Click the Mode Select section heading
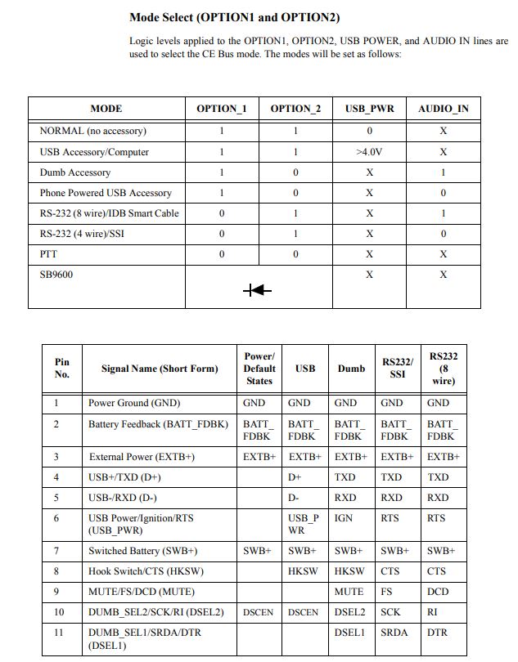click(x=234, y=16)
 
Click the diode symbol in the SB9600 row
click(x=258, y=290)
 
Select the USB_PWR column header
click(x=369, y=109)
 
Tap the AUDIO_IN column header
click(x=443, y=109)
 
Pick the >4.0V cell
click(x=369, y=152)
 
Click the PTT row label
click(x=49, y=254)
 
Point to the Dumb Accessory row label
click(x=75, y=172)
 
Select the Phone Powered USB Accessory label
click(x=106, y=193)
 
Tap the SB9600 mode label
click(x=56, y=275)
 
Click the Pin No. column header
click(x=62, y=369)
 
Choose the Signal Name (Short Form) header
click(x=160, y=369)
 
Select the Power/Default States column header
click(x=259, y=369)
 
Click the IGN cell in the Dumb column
click(x=344, y=518)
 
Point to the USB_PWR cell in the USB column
click(x=304, y=524)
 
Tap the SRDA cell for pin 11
click(x=394, y=633)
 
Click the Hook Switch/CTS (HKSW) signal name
click(x=146, y=571)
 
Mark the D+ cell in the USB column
click(x=295, y=476)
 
